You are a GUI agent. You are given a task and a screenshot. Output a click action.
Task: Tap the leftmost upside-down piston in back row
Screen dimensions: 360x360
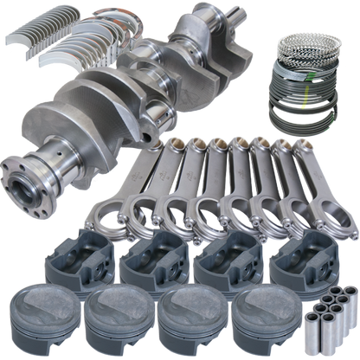click(x=82, y=256)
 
